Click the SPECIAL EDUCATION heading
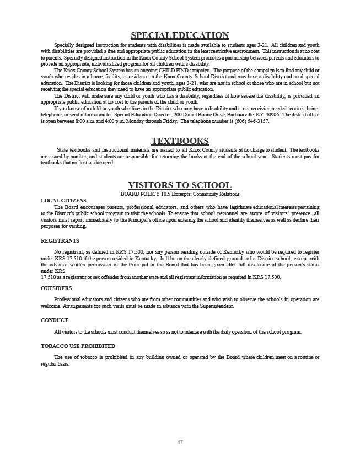(180, 35)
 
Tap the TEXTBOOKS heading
(180, 141)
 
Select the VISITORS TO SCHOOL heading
(180, 185)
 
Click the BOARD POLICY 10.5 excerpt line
(180, 194)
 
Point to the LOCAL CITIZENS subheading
(63, 200)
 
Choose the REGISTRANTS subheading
(60, 241)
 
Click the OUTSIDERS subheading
(56, 288)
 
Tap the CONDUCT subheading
(55, 320)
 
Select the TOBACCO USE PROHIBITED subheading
(78, 346)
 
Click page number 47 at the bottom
(180, 442)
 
